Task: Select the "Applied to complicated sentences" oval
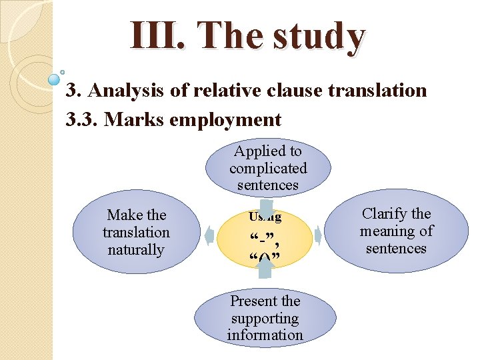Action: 268,168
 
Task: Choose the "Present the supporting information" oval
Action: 265,318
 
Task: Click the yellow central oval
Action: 265,237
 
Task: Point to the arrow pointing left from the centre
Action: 210,235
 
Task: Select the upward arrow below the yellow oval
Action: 265,267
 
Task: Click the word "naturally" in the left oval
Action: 136,250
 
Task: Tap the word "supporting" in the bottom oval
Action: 265,318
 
